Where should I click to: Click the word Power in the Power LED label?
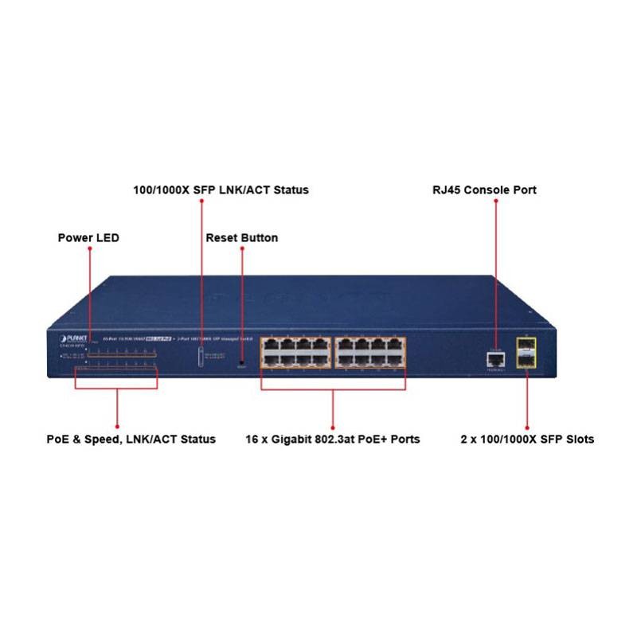[74, 238]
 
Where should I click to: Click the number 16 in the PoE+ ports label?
[254, 439]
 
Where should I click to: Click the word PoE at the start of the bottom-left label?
[58, 439]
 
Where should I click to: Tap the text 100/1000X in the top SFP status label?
[158, 190]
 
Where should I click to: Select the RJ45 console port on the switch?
[494, 360]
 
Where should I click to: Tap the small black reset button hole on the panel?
[241, 364]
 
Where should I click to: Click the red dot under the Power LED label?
[89, 248]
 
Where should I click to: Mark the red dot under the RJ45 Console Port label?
[494, 201]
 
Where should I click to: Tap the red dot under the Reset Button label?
[241, 248]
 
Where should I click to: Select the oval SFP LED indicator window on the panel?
[201, 355]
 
